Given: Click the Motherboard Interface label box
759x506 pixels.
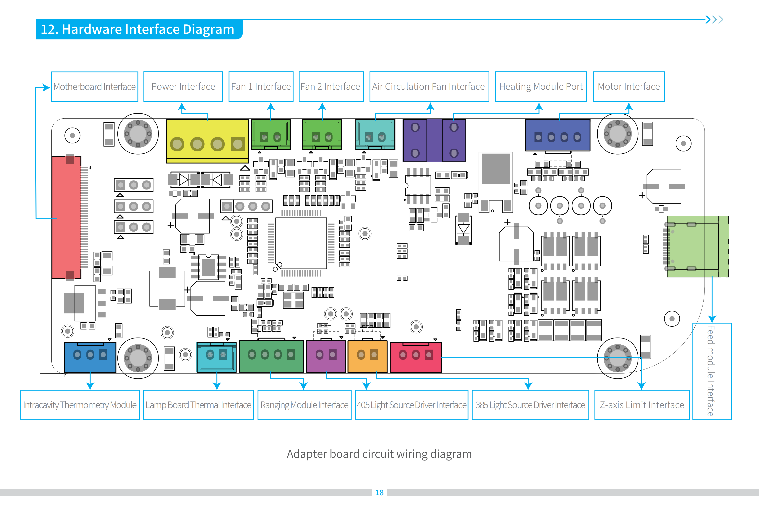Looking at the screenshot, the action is [94, 86].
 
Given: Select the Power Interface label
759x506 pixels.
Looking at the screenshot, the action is [183, 86].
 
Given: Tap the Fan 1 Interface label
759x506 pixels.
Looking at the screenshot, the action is [261, 86].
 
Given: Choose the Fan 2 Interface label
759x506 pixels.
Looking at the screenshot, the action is [331, 86].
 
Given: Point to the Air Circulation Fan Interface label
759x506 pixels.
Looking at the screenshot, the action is [429, 86].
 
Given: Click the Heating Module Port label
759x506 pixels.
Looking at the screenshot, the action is [541, 86].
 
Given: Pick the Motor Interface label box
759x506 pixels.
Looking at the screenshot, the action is [629, 86].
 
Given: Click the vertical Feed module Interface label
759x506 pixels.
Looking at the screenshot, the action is [712, 371].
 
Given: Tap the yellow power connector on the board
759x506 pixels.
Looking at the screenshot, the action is [207, 141].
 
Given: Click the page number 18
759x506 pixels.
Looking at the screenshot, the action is [379, 492].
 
